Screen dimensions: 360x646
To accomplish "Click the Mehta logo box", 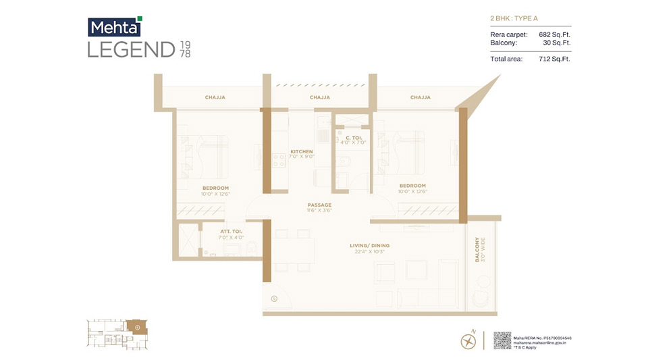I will click(x=114, y=26).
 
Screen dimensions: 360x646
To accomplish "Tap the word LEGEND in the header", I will click(x=131, y=49).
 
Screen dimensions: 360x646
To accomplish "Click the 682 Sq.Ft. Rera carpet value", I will click(x=554, y=34).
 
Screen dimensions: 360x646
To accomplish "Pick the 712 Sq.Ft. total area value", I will click(x=554, y=59).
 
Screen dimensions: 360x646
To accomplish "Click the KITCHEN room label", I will click(x=301, y=151).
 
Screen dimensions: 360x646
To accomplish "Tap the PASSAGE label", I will click(x=319, y=205).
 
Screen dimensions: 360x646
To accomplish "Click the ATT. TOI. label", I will click(x=231, y=232).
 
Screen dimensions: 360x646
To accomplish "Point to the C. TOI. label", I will click(x=352, y=137).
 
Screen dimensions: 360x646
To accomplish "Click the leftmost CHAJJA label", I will click(x=215, y=97).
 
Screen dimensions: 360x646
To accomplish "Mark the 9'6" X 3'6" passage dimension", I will click(x=319, y=211).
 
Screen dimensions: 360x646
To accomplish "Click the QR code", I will click(x=503, y=340).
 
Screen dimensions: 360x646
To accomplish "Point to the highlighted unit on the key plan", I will click(x=137, y=328).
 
